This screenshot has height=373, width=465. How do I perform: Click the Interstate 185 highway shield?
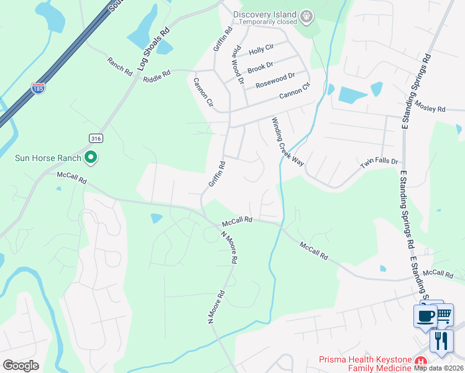click(39, 88)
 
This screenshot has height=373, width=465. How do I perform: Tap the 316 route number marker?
click(94, 138)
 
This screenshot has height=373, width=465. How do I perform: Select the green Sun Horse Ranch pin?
click(91, 158)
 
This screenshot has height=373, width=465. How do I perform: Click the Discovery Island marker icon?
click(305, 15)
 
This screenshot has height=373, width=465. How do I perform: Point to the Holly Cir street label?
click(261, 48)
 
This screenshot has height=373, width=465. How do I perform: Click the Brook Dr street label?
click(260, 66)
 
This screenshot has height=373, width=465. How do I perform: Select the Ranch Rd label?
click(119, 67)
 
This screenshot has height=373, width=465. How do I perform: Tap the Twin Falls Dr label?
click(379, 163)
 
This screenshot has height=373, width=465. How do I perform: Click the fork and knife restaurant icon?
click(441, 341)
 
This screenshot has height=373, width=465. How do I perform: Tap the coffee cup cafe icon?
click(426, 316)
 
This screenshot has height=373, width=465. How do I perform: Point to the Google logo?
click(21, 366)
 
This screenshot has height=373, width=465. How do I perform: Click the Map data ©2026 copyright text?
click(439, 368)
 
